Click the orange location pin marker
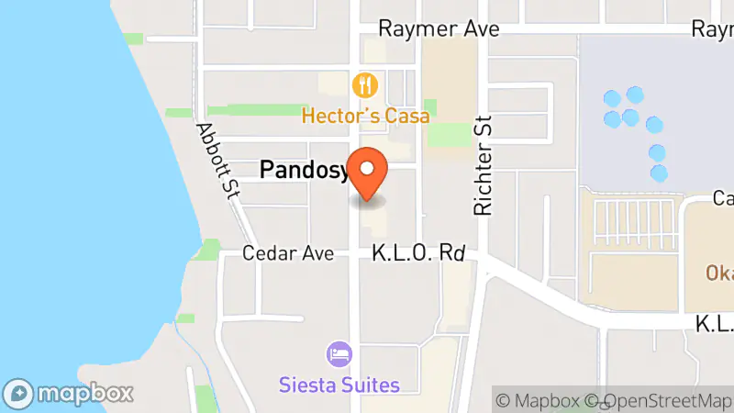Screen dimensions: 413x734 [x=368, y=173]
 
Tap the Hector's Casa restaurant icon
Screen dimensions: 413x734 [x=365, y=86]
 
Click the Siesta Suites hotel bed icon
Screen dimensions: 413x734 [x=339, y=354]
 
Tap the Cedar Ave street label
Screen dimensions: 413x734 [x=288, y=253]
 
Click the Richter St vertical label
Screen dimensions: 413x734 [x=484, y=165]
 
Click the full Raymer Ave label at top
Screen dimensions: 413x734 [x=439, y=29]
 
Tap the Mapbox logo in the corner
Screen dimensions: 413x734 [x=70, y=393]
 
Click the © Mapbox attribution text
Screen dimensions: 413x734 [x=539, y=400]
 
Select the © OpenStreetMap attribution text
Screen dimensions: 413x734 [x=659, y=400]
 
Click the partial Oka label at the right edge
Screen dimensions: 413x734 [x=718, y=273]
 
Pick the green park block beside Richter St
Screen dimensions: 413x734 [x=449, y=135]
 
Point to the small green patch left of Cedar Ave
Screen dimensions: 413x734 [x=207, y=248]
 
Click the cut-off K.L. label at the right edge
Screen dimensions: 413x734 [x=714, y=323]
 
